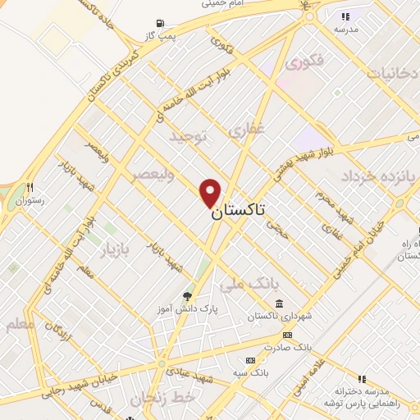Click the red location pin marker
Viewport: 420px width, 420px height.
(211, 193)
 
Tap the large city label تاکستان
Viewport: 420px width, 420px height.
(239, 210)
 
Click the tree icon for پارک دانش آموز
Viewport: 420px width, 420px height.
(188, 296)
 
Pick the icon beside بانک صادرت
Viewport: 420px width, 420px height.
(287, 335)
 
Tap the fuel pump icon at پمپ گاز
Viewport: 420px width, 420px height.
(159, 23)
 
